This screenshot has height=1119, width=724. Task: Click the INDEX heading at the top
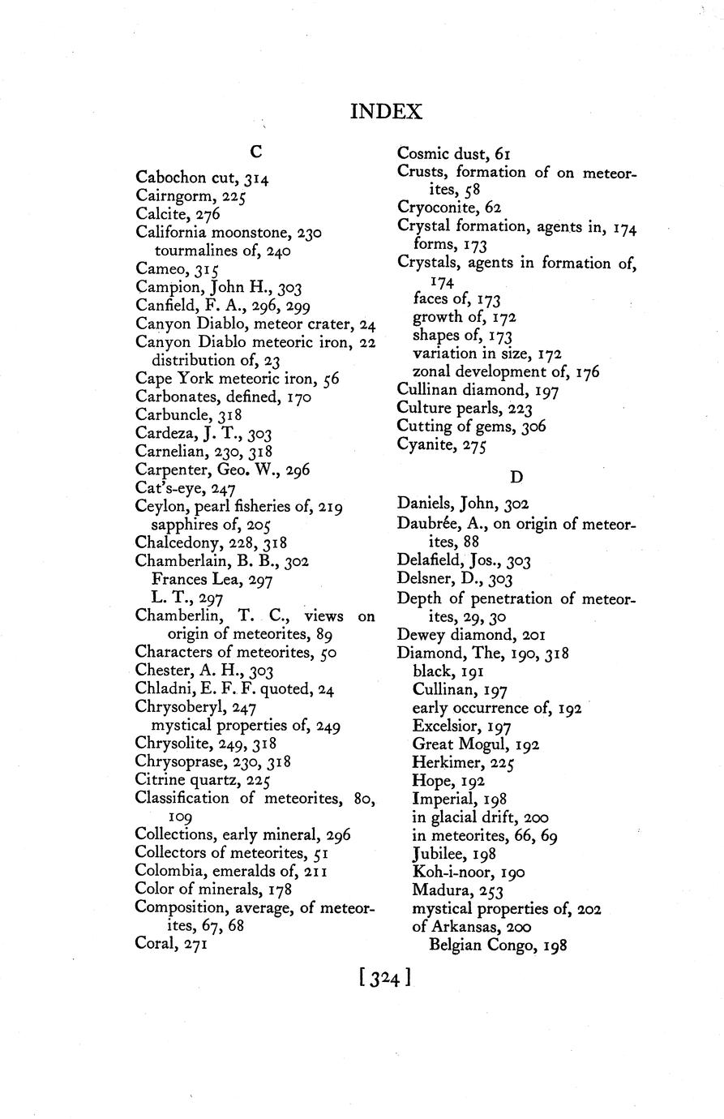pos(386,112)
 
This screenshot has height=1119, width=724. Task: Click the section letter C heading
pos(255,151)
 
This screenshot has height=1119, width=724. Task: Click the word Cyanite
pos(424,444)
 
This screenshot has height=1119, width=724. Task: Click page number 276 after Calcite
pos(207,215)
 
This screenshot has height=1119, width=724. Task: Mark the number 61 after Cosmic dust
pos(500,153)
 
